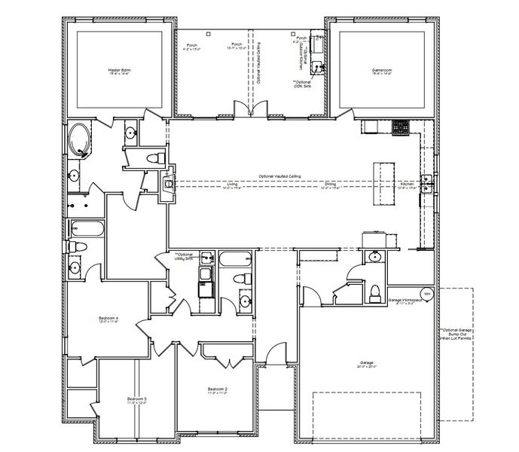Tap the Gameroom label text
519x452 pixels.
(x=383, y=71)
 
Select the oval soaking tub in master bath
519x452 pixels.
(x=78, y=140)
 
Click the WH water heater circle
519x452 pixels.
(x=427, y=294)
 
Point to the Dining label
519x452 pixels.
(x=330, y=184)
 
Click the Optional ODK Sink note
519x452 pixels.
(x=304, y=84)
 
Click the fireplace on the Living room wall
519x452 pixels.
(x=169, y=183)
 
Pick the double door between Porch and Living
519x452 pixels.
(x=249, y=110)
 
